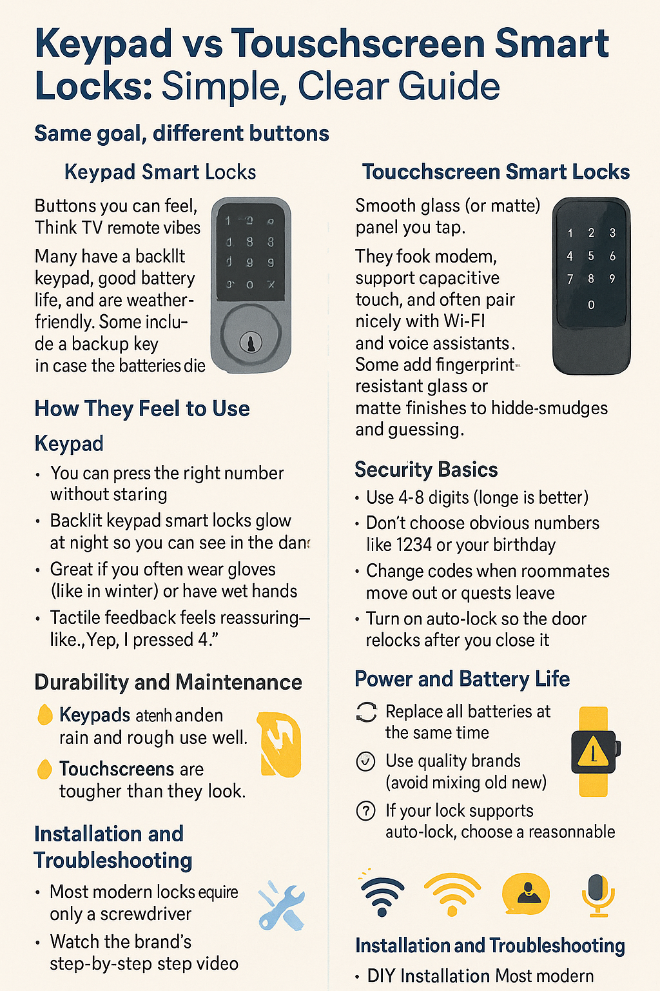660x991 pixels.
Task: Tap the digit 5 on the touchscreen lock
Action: (x=591, y=256)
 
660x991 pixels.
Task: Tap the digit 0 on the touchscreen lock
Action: (x=591, y=305)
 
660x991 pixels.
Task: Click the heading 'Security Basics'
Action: (x=426, y=470)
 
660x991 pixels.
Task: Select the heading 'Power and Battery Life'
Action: (x=462, y=679)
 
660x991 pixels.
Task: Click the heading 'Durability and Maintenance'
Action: (x=168, y=682)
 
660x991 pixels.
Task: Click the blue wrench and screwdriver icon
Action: (x=282, y=906)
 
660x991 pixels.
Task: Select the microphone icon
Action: (x=598, y=895)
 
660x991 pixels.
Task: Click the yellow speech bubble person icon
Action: (x=525, y=894)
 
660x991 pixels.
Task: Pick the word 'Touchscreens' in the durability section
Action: (x=117, y=769)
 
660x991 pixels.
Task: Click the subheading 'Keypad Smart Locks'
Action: (x=160, y=172)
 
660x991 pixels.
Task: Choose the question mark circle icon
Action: (x=365, y=810)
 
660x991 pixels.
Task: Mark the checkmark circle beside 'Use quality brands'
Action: (x=365, y=761)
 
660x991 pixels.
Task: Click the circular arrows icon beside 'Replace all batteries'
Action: (x=366, y=712)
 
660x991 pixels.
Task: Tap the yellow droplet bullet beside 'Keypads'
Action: (x=44, y=715)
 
